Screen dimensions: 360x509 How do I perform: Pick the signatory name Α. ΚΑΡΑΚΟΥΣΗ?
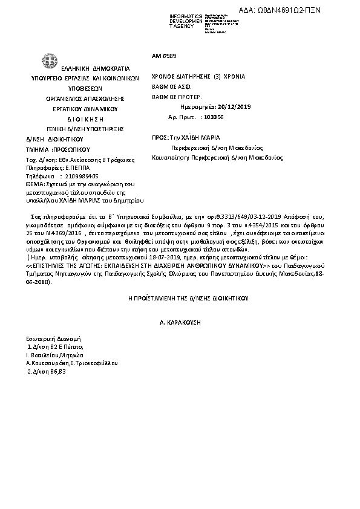180,324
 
